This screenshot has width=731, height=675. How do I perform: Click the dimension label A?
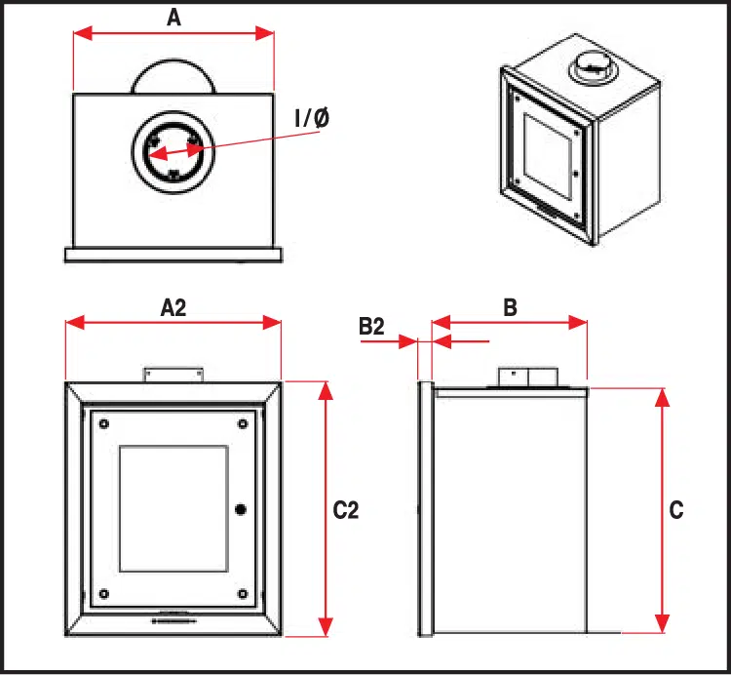pos(174,17)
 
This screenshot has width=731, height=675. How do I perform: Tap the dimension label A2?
pos(173,307)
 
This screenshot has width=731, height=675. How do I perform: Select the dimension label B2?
pos(371,326)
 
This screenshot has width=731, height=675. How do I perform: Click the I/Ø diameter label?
pos(312,119)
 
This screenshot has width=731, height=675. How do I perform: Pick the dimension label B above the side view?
pos(509,307)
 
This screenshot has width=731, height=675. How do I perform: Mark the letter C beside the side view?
pos(677,509)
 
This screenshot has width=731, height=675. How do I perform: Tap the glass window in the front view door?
pos(173,508)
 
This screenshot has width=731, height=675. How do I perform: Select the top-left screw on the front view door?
pos(103,423)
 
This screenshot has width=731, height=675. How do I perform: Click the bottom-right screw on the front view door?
pos(241,593)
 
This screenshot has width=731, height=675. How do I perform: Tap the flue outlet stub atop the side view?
pos(527,377)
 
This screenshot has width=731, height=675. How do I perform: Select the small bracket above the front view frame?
pos(173,374)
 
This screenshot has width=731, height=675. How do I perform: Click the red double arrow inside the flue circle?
pos(173,151)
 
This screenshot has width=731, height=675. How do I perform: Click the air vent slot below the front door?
pos(173,619)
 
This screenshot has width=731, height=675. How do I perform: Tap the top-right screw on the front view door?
pos(241,423)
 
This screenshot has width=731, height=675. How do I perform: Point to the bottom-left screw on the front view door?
pos(103,593)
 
